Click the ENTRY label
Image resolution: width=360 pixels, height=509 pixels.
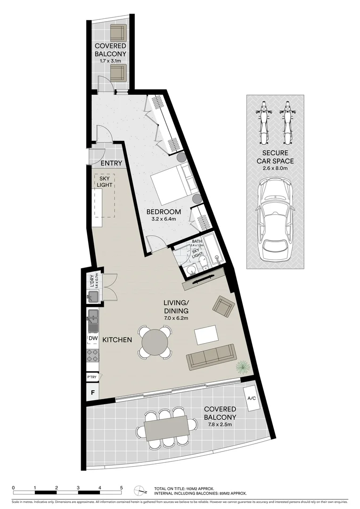pos(112,164)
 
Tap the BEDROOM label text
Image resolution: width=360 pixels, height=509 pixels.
pos(164,212)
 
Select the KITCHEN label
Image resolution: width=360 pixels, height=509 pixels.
pos(117,340)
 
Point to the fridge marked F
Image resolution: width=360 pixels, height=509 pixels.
pos(92,391)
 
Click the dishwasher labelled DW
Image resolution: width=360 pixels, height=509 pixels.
pos(93,338)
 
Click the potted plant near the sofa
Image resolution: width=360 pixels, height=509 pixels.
pos(242,366)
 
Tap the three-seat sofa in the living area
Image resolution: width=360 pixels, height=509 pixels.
pos(211,357)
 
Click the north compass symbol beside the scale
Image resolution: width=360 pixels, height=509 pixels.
pos(139,491)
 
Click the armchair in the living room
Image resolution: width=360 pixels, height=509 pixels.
pos(223,306)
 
